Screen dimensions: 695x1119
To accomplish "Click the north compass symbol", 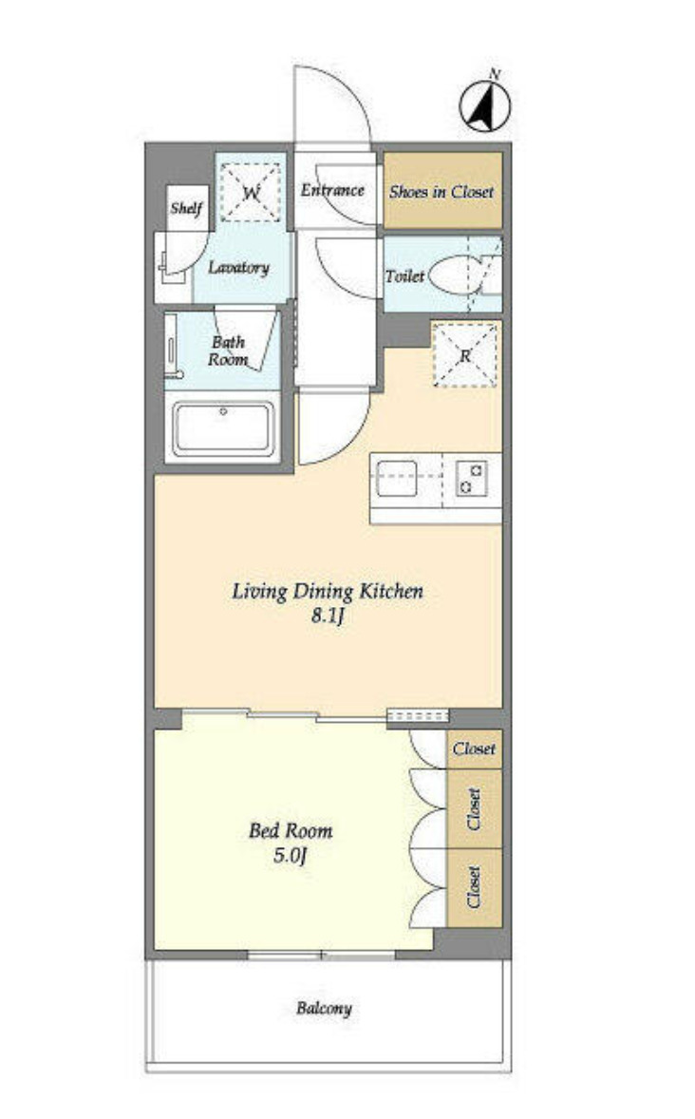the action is (x=484, y=104).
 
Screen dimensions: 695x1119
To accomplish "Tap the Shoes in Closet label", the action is (x=441, y=191).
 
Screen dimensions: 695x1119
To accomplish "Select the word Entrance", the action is (x=331, y=190).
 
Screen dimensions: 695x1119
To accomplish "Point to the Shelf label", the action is (x=186, y=208).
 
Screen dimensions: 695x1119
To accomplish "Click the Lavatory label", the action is (x=238, y=268).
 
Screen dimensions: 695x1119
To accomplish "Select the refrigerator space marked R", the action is (x=465, y=354).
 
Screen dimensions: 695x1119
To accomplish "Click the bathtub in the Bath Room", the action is (x=222, y=429).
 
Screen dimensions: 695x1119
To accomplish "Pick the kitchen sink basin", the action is (x=396, y=478).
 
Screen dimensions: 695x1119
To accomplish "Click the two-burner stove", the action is (x=471, y=478).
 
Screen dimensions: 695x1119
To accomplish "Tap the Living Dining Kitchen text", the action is (x=328, y=591).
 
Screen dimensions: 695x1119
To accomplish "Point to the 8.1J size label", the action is (x=328, y=616).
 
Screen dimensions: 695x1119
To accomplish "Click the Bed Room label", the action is (x=291, y=830).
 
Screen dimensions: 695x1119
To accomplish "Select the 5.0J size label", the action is (x=290, y=855).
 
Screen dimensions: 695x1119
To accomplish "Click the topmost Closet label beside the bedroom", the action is (x=474, y=749).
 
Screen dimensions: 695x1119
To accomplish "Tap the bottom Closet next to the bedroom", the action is (x=473, y=887).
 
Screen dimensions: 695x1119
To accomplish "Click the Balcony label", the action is (x=324, y=1009).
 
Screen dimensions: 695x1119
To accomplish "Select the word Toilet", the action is (x=404, y=275).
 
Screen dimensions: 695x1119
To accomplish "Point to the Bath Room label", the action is (x=228, y=351).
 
